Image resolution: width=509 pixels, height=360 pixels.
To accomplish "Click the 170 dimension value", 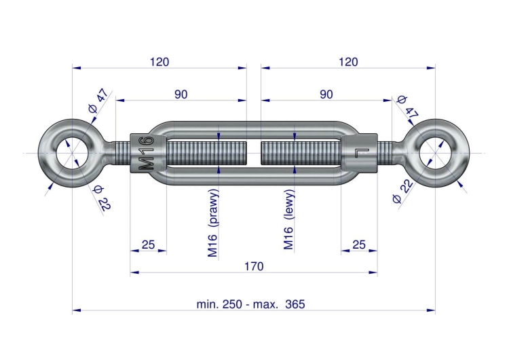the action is click(254, 266).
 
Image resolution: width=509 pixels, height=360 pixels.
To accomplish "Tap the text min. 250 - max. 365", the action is click(250, 304).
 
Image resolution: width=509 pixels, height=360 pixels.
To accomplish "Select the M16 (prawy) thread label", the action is click(212, 223).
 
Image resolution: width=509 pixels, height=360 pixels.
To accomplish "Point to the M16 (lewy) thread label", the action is click(288, 219).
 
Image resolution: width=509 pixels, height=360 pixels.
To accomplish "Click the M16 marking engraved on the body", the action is click(146, 154).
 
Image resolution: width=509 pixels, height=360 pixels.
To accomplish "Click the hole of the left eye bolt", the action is click(72, 153).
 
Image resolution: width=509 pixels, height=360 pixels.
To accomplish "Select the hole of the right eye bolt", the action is click(435, 153).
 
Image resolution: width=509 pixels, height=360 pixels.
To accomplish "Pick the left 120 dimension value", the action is click(159, 62).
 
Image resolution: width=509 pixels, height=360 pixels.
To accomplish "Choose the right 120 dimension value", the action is click(348, 62).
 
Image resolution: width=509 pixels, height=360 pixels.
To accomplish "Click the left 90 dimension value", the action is click(181, 94).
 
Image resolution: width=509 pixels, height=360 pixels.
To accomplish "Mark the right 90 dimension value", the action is click(326, 94).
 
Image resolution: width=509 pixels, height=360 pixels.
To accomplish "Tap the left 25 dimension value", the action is click(149, 245).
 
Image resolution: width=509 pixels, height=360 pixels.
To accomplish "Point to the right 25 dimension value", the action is click(359, 245).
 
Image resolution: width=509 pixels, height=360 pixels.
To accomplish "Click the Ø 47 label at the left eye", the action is click(98, 101).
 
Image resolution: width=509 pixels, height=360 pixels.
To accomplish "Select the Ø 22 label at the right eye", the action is click(402, 191).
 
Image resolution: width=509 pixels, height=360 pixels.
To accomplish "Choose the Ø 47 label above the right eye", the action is click(407, 107).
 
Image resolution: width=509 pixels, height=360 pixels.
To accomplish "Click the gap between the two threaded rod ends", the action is click(254, 153).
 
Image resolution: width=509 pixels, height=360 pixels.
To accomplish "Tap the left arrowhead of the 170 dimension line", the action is click(134, 272).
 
